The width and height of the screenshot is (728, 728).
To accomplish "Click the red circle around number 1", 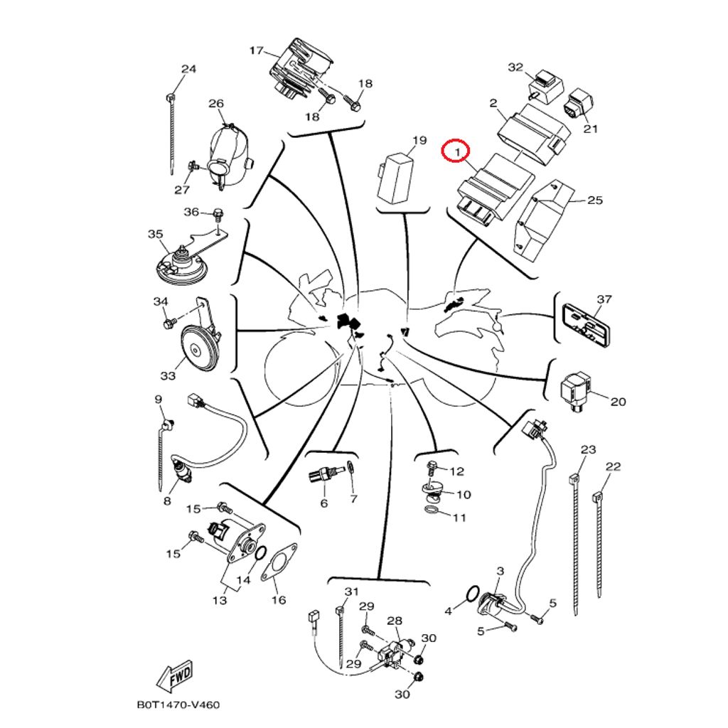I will click(454, 151).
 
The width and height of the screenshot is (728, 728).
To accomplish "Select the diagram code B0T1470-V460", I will click(178, 705).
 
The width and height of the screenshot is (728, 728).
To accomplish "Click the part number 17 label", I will click(255, 50).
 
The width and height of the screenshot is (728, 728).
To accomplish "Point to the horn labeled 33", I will click(199, 347).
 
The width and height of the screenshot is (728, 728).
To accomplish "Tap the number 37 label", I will click(604, 299).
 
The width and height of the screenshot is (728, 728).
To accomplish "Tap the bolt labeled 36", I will click(218, 213).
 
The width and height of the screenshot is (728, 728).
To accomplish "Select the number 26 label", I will click(216, 104).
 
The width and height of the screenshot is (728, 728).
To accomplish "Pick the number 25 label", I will click(595, 200).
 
